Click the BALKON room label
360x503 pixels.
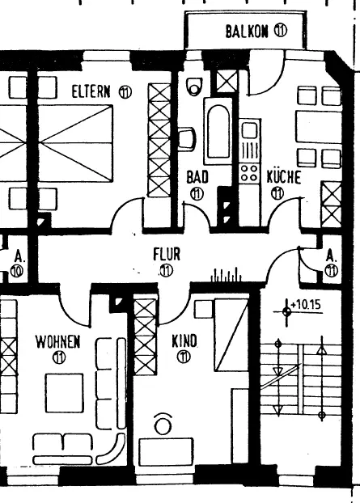pyautogui.click(x=246, y=32)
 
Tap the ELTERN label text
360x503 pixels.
pyautogui.click(x=91, y=91)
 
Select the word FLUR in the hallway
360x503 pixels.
pyautogui.click(x=167, y=255)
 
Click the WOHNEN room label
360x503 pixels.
pyautogui.click(x=57, y=342)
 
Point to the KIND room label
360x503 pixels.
pyautogui.click(x=184, y=341)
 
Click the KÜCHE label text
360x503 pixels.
pyautogui.click(x=284, y=177)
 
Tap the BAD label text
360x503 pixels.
pyautogui.click(x=197, y=177)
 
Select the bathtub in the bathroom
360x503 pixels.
pyautogui.click(x=218, y=132)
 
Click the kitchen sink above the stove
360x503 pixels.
pyautogui.click(x=249, y=130)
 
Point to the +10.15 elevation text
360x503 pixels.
pyautogui.click(x=306, y=304)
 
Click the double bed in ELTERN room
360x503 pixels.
pyautogui.click(x=75, y=142)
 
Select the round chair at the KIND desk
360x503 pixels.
pyautogui.click(x=163, y=424)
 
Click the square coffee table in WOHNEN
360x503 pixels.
pyautogui.click(x=64, y=393)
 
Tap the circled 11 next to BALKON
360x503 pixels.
pyautogui.click(x=281, y=31)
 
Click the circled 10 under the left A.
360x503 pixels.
pyautogui.click(x=17, y=271)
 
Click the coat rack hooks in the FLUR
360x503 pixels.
pyautogui.click(x=226, y=275)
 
